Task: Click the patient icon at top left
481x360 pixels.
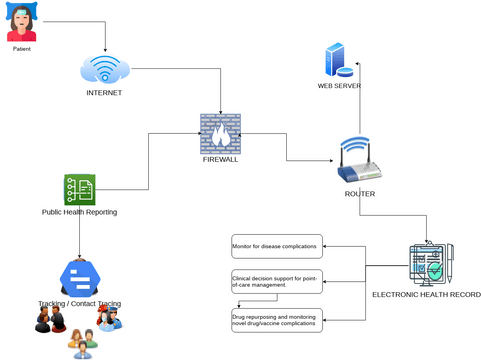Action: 21,22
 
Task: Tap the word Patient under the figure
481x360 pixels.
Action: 21,48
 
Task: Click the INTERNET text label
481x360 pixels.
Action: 104,93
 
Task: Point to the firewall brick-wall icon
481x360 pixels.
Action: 220,134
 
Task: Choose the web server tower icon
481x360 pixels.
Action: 339,60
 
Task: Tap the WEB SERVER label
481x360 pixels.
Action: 339,86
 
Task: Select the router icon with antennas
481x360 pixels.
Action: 356,160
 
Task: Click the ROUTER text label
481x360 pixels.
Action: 357,193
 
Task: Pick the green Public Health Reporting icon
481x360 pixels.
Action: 79,188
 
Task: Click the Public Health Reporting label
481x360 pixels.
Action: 79,212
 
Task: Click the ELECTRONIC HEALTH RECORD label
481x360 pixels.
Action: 425,296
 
